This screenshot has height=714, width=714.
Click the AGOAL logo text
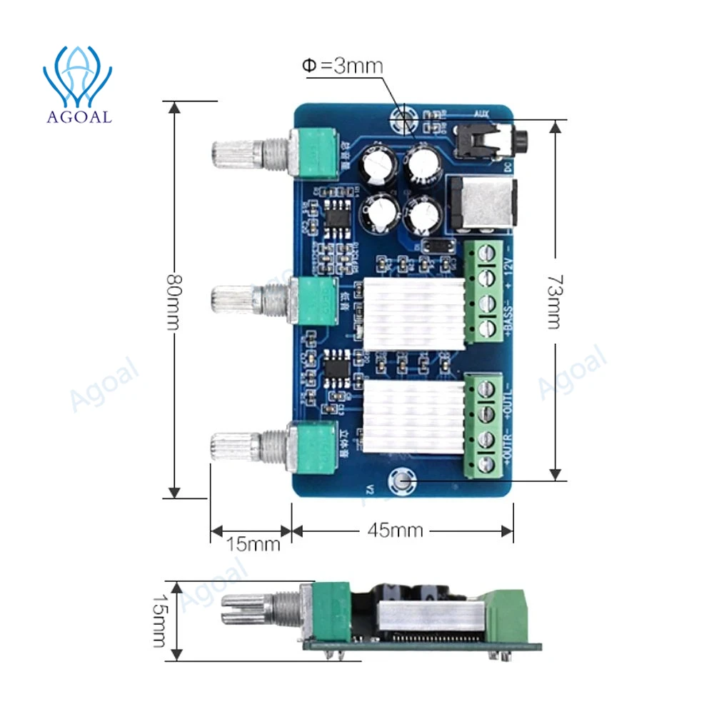coord(78,116)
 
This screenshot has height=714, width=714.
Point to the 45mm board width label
coord(395,531)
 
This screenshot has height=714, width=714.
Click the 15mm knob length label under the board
coord(253,544)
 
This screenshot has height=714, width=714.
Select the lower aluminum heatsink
coord(413,416)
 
